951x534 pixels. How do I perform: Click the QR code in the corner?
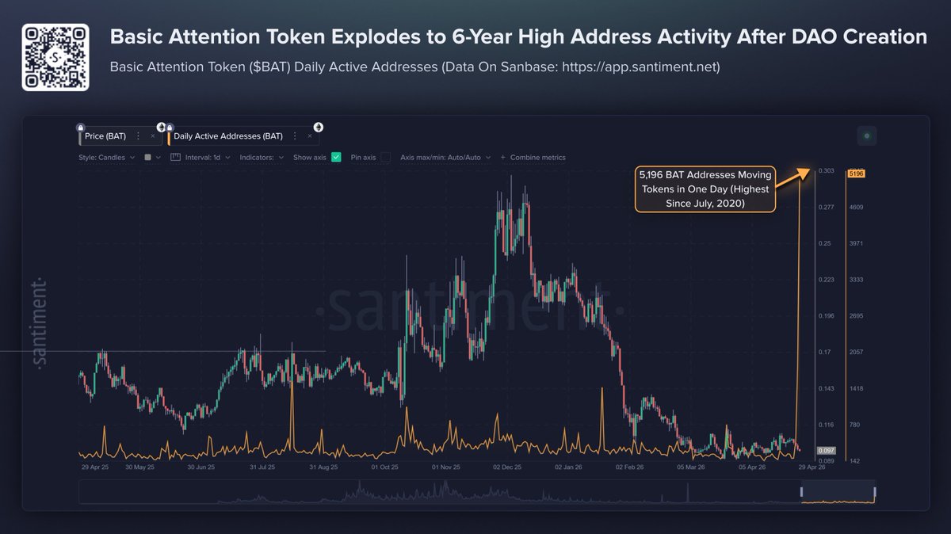pos(55,57)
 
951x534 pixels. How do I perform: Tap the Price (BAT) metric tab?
pos(105,136)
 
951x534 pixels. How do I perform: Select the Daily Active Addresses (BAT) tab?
pos(227,136)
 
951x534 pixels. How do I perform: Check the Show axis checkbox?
pos(336,158)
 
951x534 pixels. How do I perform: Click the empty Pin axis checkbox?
pos(385,158)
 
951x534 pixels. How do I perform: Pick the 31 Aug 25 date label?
pos(323,467)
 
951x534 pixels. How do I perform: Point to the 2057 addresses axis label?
pos(856,352)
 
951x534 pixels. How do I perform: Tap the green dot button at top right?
pos(866,136)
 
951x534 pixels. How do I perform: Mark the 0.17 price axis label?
pos(824,352)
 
